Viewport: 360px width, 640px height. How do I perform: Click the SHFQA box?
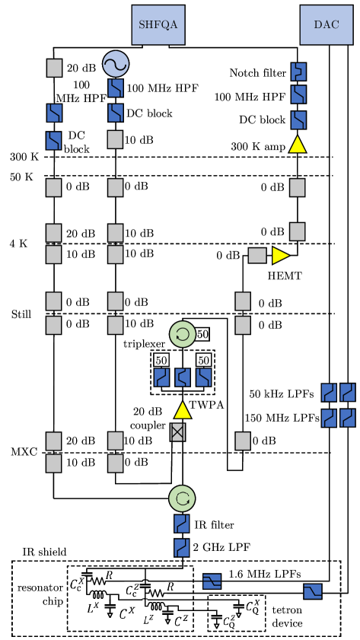(x=158, y=24)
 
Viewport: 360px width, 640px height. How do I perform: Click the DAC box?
(x=327, y=24)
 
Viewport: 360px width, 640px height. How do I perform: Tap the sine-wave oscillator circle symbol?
(x=116, y=64)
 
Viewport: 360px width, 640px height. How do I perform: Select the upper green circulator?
(x=183, y=334)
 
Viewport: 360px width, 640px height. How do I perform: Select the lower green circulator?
(x=182, y=498)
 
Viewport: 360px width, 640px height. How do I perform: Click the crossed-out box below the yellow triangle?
(x=177, y=432)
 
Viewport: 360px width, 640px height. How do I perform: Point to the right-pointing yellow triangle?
(x=280, y=256)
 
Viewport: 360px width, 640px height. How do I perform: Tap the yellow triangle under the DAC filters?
(x=298, y=145)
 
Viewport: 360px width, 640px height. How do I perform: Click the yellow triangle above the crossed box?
(x=183, y=410)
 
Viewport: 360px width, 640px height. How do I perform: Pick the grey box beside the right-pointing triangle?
(x=257, y=256)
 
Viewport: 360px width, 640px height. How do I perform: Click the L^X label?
(x=93, y=607)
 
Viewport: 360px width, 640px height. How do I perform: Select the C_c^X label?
(x=77, y=584)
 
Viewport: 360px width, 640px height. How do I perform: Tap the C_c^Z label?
(x=132, y=590)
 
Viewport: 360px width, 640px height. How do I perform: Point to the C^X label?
(x=128, y=613)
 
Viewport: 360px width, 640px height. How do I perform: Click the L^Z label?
(x=148, y=619)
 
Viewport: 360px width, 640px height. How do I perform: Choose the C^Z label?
(x=181, y=620)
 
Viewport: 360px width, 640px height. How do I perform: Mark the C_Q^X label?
(x=252, y=607)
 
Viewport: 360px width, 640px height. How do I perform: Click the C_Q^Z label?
(x=229, y=622)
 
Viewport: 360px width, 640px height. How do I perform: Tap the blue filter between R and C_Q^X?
(x=212, y=582)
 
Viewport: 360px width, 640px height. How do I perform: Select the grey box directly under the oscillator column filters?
(x=115, y=139)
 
